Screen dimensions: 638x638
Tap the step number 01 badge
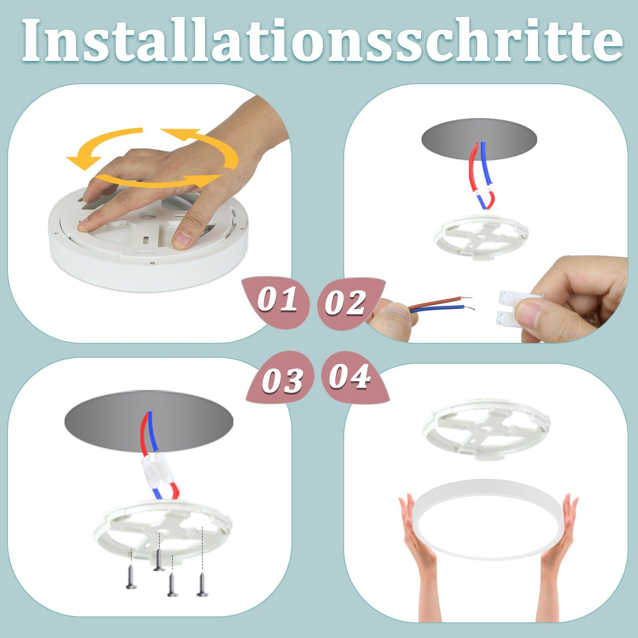point(277,300)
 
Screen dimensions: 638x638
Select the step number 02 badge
point(345,303)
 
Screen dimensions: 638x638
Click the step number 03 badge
point(282,380)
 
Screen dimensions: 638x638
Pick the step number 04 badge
point(350,377)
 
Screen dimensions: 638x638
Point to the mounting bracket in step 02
point(480,237)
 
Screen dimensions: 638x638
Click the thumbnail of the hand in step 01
point(183,240)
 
